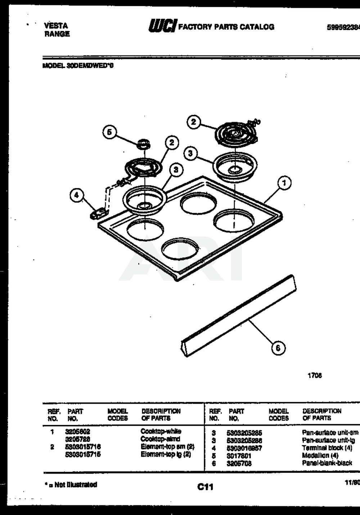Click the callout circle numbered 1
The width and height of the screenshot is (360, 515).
tap(284, 183)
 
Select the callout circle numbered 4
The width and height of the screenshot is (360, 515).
tap(76, 196)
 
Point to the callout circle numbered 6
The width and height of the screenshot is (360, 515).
tap(278, 348)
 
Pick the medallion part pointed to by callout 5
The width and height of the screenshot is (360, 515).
tap(143, 143)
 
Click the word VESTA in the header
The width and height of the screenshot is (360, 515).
tap(56, 26)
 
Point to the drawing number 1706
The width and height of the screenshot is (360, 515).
tap(315, 375)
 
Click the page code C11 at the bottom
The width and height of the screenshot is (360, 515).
tap(205, 487)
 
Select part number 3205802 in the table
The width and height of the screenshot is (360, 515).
tap(78, 431)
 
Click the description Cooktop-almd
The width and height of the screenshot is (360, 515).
tap(160, 439)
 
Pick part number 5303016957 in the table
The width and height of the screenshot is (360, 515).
tap(244, 448)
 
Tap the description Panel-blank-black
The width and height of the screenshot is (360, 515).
tap(327, 463)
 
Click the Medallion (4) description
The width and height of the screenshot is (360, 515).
tap(320, 456)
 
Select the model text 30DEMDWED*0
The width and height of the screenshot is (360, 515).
tap(91, 66)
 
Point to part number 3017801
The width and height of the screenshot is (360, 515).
tap(239, 456)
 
